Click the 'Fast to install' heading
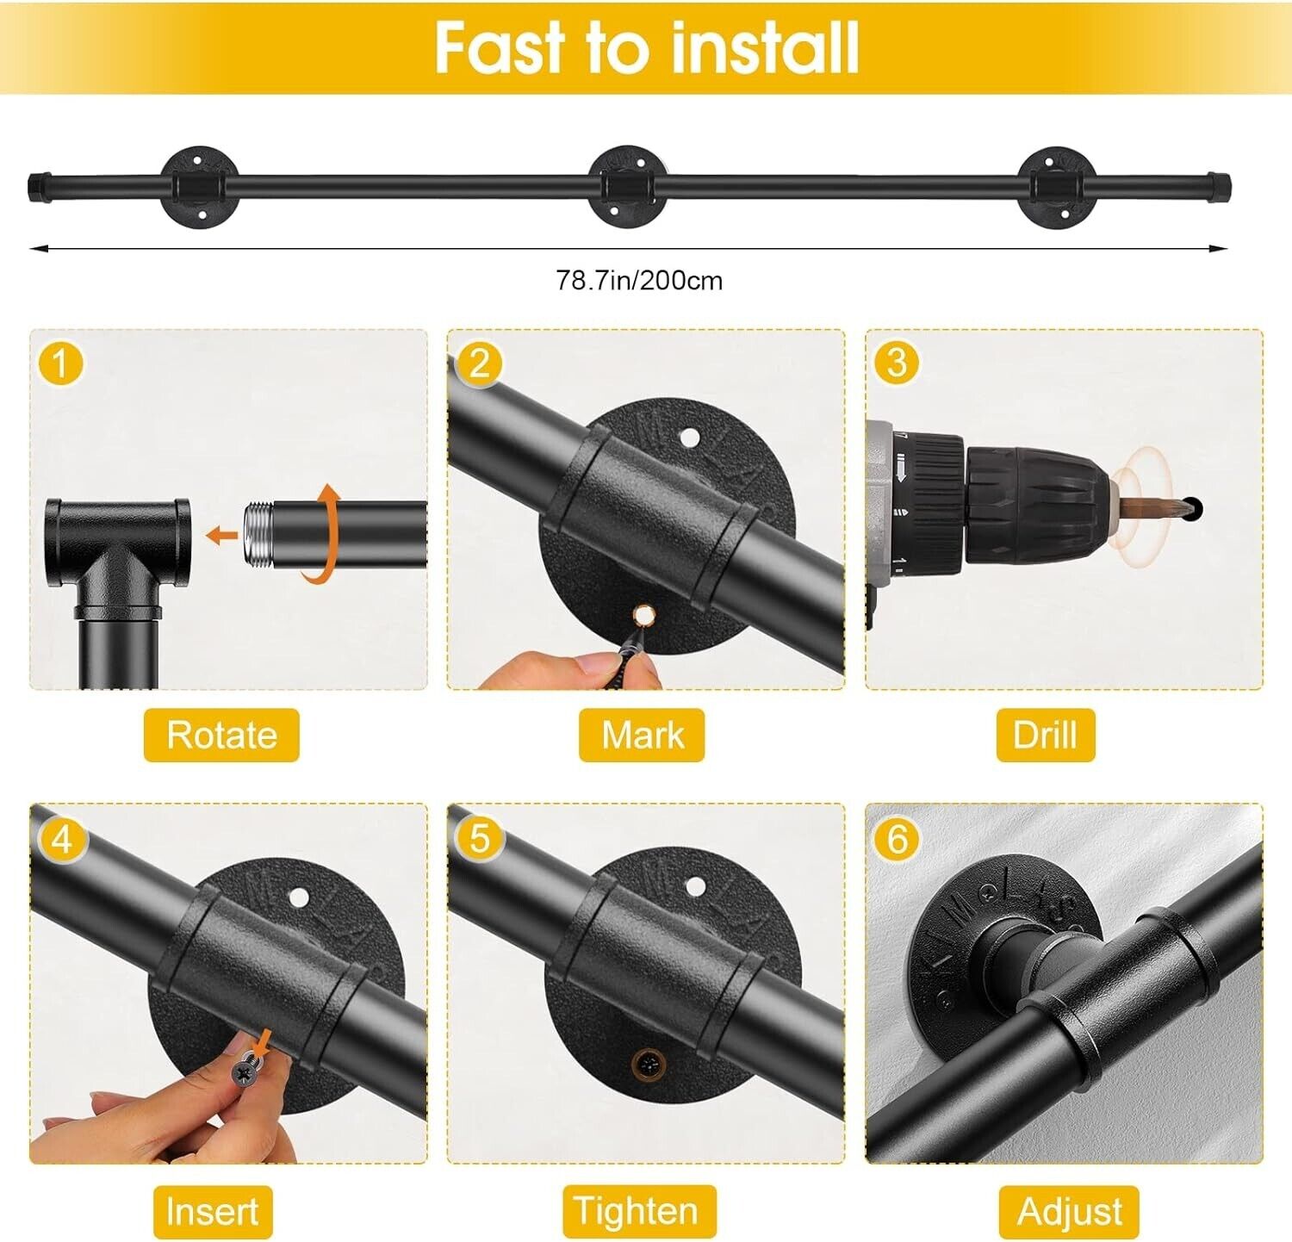pos(647,47)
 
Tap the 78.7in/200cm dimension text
pos(639,281)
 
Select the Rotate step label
pos(221,735)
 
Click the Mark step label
pos(642,735)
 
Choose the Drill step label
pos(1045,735)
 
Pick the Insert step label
pos(212,1211)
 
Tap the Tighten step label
pos(637,1211)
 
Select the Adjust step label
pos(1069,1211)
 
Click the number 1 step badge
pos(60,363)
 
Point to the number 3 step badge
pos(896,363)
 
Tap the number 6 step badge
pos(898,839)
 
